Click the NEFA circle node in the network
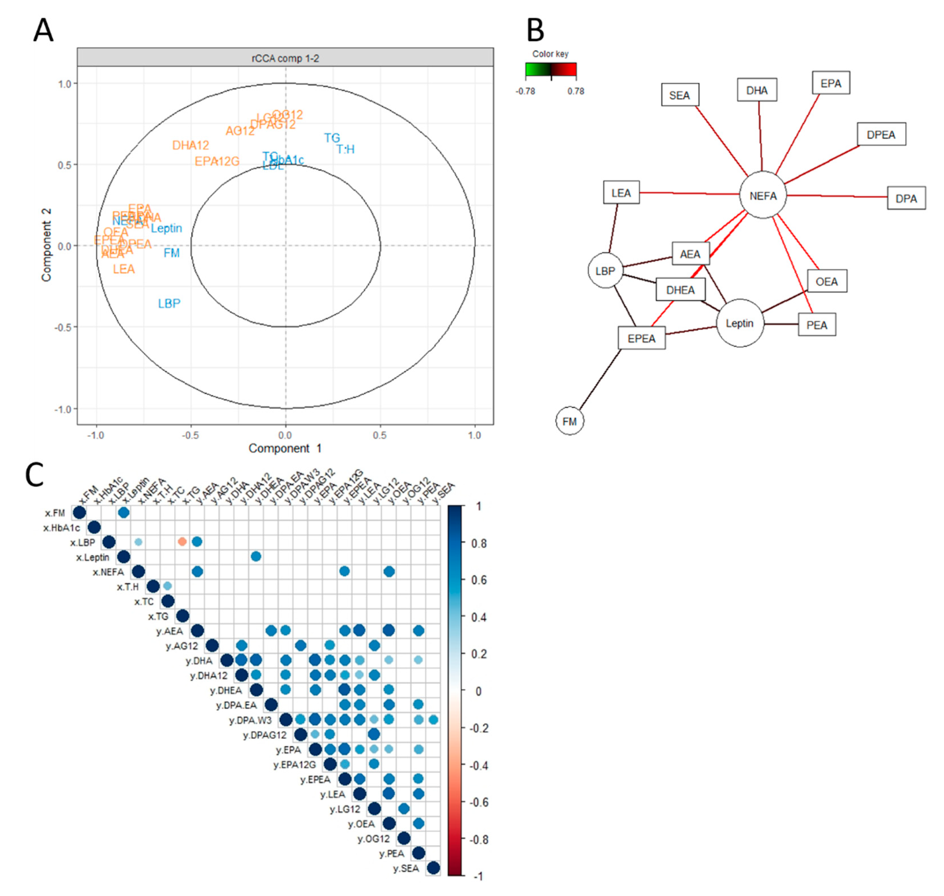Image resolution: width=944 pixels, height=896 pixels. (x=762, y=195)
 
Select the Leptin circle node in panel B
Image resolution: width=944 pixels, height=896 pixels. (x=739, y=323)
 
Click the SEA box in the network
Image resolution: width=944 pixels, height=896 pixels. (x=680, y=95)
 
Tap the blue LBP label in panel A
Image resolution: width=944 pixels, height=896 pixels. (x=169, y=303)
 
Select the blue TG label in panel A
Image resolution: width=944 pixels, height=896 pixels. (x=332, y=138)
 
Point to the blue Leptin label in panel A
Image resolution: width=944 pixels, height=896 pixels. (x=166, y=228)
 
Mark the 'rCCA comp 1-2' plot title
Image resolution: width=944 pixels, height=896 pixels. (x=285, y=58)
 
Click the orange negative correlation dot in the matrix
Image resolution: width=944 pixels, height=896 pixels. (x=182, y=542)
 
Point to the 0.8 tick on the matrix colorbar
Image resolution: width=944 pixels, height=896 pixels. (x=478, y=543)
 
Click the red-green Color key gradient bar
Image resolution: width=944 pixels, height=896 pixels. (x=550, y=70)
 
